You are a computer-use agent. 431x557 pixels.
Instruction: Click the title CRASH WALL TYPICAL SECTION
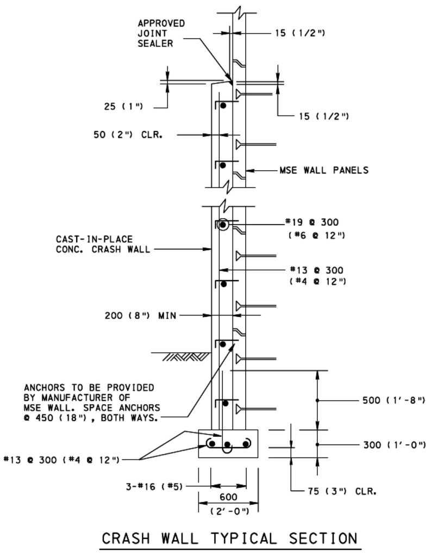click(229, 538)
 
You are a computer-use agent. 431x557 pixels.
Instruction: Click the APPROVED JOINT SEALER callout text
click(161, 33)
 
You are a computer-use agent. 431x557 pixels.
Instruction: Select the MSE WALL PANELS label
click(324, 170)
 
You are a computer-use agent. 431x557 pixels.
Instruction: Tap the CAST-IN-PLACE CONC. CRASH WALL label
click(103, 244)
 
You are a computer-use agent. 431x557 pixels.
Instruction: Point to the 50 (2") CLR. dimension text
click(128, 135)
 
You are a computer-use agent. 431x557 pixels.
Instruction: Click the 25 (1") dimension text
click(123, 106)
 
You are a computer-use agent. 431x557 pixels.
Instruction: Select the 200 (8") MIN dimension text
click(140, 315)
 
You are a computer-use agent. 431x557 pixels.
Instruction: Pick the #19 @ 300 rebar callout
click(312, 222)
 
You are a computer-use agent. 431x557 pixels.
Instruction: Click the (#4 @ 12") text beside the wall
click(318, 281)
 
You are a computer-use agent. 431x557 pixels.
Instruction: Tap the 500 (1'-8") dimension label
click(393, 400)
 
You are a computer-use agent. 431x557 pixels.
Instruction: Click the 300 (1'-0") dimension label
click(394, 445)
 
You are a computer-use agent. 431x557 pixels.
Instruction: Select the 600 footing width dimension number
click(228, 497)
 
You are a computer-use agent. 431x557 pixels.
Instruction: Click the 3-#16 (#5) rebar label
click(154, 486)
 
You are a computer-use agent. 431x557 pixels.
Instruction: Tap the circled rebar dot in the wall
click(223, 225)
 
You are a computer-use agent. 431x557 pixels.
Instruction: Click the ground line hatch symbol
click(185, 357)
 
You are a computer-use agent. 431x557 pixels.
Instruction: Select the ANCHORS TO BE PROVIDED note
click(92, 403)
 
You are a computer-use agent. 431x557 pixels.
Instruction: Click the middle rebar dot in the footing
click(228, 444)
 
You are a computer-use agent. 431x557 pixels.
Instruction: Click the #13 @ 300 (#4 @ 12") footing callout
click(61, 460)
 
